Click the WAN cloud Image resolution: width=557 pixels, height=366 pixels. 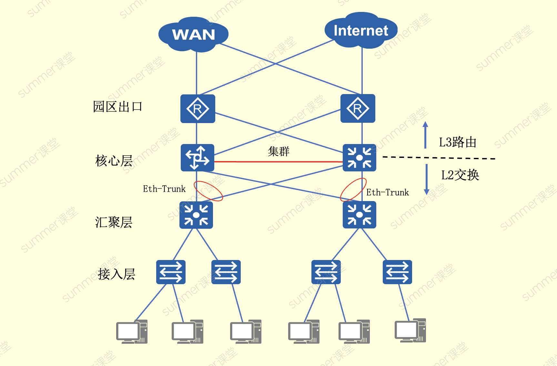pyautogui.click(x=193, y=34)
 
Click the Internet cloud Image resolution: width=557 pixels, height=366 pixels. pyautogui.click(x=361, y=31)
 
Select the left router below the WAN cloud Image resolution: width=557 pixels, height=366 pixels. pyautogui.click(x=197, y=109)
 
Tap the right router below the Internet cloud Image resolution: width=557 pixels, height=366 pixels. pyautogui.click(x=358, y=109)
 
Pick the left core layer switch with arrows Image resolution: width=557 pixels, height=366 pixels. pyautogui.click(x=197, y=158)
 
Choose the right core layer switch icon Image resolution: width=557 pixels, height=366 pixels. pyautogui.click(x=359, y=158)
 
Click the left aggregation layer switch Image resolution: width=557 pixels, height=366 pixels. pyautogui.click(x=196, y=215)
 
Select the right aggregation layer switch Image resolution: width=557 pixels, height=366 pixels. pyautogui.click(x=359, y=215)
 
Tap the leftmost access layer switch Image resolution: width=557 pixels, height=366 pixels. pyautogui.click(x=171, y=272)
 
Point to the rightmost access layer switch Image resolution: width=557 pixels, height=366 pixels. pyautogui.click(x=397, y=272)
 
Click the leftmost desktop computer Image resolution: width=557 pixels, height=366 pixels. pyautogui.click(x=132, y=332)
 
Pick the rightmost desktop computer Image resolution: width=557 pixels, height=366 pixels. pyautogui.click(x=410, y=330)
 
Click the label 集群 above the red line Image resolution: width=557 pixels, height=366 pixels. pyautogui.click(x=278, y=151)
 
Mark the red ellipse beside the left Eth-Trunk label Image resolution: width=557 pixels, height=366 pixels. pyautogui.click(x=208, y=191)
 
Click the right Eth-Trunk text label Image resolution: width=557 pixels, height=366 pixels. pyautogui.click(x=387, y=193)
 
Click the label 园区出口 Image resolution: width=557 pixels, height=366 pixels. pyautogui.click(x=117, y=107)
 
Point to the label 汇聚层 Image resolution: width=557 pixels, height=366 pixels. pyautogui.click(x=114, y=222)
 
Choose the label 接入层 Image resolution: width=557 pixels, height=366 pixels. pyautogui.click(x=116, y=274)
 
